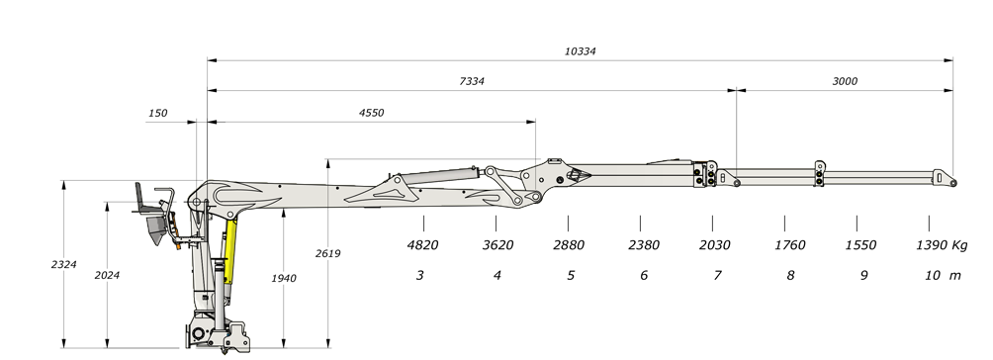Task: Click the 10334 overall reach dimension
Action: point(581,51)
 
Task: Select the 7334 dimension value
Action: point(472,81)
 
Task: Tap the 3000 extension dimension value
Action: point(845,81)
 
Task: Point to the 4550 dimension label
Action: point(371,113)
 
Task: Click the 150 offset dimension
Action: point(157,114)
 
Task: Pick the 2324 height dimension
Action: point(64,264)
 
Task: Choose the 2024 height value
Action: point(107,275)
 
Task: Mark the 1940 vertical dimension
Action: point(284,278)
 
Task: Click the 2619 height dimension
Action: point(328,253)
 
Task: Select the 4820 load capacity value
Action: point(422,245)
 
